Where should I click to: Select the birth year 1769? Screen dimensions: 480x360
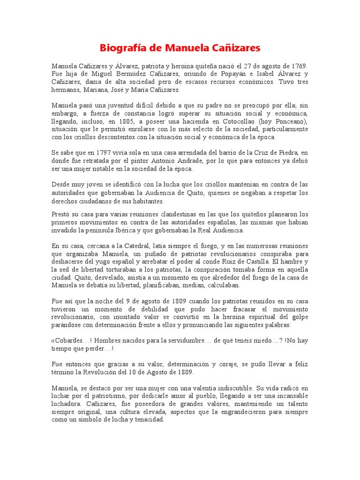tap(298, 66)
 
